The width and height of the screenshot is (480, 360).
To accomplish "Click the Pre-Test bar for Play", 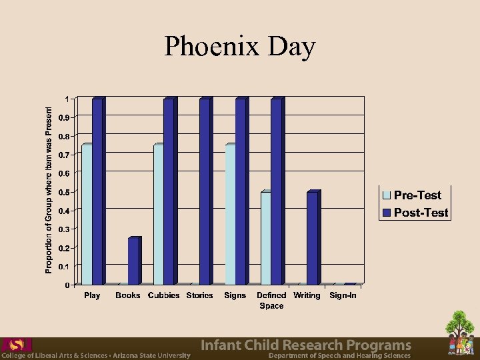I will pos(87,215).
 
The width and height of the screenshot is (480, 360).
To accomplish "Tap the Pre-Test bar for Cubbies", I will pos(159,215).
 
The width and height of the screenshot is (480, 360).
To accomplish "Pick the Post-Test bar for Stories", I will pos(205,191).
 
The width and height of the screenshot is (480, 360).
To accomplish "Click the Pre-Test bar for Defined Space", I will pos(266,238).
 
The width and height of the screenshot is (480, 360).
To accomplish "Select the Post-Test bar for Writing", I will pos(312,238).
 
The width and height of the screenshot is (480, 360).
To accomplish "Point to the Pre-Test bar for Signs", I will pos(230,215).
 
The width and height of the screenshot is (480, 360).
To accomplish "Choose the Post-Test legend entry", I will pos(415,213).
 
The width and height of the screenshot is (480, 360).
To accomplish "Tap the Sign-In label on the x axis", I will pos(343,295).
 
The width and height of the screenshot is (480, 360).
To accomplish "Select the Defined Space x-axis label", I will pos(271,300).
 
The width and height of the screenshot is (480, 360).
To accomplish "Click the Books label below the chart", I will pos(128,295).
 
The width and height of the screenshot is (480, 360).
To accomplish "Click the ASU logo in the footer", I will pos(16,345).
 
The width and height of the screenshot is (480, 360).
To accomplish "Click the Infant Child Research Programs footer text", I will pos(306,345).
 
